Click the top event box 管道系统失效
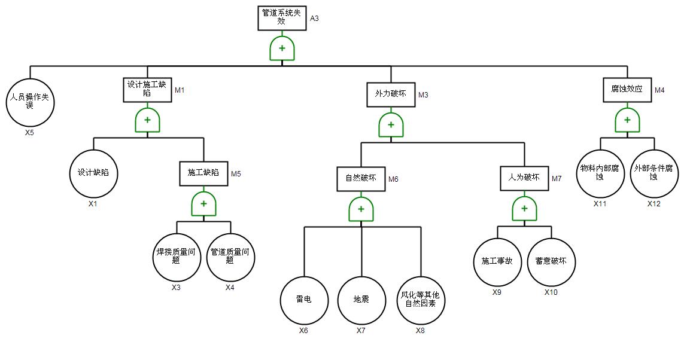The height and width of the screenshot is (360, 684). click(x=282, y=19)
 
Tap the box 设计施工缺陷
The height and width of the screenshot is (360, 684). click(x=148, y=90)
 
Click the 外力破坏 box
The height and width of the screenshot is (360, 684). click(x=390, y=94)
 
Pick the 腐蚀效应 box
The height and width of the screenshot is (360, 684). click(x=627, y=90)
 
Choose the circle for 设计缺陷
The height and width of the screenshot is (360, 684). click(x=93, y=174)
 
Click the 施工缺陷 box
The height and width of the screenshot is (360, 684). click(x=203, y=173)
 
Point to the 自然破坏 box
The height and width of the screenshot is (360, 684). click(x=361, y=178)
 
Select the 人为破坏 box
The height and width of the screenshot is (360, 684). click(x=524, y=178)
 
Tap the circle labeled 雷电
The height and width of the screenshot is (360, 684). click(x=304, y=300)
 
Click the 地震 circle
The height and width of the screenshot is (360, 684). click(x=361, y=300)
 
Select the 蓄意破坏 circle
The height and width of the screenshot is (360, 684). click(x=551, y=262)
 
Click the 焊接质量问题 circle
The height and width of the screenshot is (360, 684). click(x=176, y=257)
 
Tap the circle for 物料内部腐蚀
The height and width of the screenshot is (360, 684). click(x=600, y=173)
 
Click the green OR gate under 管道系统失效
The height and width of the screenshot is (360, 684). click(x=282, y=48)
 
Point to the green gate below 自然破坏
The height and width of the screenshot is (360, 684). click(x=361, y=209)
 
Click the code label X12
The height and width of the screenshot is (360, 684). click(x=653, y=203)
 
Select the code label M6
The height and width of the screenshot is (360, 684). click(x=393, y=179)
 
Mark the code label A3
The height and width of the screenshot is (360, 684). click(x=314, y=19)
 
